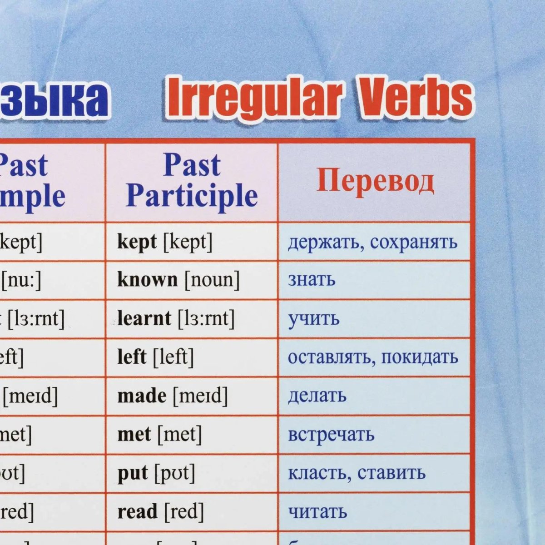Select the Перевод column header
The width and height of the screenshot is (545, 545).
pos(375,181)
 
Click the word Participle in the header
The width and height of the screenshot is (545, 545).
pos(192,196)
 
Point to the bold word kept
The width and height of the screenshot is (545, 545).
pos(137,242)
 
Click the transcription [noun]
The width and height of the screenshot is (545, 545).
pos(212,280)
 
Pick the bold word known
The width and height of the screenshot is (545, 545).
pos(147,280)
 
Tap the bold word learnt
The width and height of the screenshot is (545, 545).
pos(144,318)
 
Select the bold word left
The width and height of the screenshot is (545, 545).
pos(132,357)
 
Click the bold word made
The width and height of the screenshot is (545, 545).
pos(142,396)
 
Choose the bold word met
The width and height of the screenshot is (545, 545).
pos(134,435)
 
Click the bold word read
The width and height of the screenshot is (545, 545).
pos(137,512)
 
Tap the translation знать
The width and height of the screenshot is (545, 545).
pos(312,280)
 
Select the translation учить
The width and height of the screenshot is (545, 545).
pos(314,319)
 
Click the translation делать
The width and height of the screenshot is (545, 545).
pos(317,396)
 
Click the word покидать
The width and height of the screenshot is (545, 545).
pos(420,357)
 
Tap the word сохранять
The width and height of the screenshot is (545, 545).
pos(413,242)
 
